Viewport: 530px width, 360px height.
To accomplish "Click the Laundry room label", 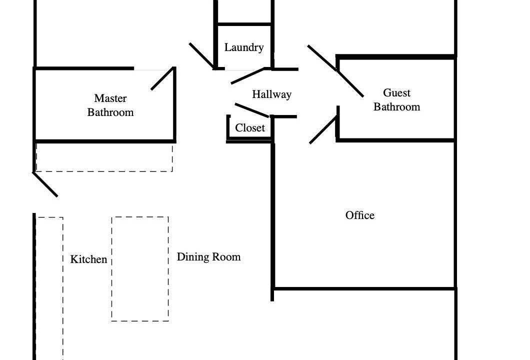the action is point(244,47).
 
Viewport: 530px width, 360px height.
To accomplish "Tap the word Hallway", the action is point(272,94).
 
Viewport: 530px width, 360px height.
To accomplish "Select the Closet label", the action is point(250,128).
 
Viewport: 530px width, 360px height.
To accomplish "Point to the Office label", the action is point(360,215).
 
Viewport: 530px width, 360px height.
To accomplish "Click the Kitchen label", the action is point(88,259).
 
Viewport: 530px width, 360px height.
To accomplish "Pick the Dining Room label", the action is point(208,257).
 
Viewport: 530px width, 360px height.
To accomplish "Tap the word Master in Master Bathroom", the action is point(110,98).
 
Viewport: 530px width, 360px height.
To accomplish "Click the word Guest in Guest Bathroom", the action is point(397,92).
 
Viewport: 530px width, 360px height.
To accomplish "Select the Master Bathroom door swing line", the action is point(162,79).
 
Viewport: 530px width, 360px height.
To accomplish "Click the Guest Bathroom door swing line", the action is point(350,84).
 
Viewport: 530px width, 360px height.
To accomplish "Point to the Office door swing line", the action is point(323,130).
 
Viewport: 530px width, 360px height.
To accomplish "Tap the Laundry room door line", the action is point(248,75).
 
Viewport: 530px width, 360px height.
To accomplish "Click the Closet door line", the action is point(252,110).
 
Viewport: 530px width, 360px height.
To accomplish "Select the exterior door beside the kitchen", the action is point(45,184).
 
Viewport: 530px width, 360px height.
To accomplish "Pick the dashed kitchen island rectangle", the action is point(140,269).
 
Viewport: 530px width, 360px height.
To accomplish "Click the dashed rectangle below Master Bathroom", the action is point(104,171).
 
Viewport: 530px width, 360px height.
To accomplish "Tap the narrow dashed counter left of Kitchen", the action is point(63,287).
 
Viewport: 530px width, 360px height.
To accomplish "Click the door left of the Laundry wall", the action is point(201,56).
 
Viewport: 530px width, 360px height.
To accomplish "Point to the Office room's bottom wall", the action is point(364,288).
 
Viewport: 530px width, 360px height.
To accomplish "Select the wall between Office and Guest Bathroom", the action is point(396,140).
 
